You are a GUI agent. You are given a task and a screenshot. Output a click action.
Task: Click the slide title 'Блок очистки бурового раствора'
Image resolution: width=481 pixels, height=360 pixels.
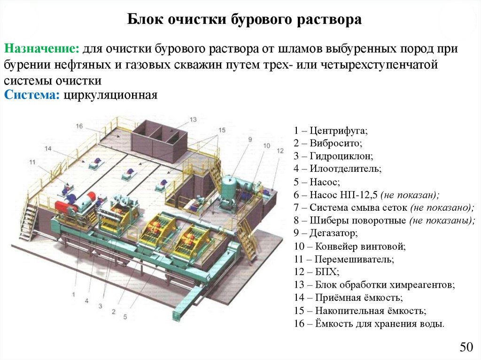click(x=245, y=20)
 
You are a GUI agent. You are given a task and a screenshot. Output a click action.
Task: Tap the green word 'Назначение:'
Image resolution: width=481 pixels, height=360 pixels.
click(x=42, y=49)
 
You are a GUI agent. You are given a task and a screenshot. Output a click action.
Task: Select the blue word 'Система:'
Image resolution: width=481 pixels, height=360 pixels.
click(x=31, y=95)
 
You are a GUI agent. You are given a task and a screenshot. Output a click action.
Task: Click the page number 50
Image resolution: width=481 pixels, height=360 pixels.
click(x=465, y=348)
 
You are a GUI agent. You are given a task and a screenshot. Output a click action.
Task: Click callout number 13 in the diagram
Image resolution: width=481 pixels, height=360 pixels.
click(x=193, y=119)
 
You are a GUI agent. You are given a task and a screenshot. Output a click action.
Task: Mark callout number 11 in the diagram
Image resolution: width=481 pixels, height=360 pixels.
click(x=32, y=162)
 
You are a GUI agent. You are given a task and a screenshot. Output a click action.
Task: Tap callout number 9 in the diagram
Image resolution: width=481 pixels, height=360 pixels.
click(x=250, y=139)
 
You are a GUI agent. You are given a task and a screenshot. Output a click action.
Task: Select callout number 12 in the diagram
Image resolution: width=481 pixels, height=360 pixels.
click(x=280, y=151)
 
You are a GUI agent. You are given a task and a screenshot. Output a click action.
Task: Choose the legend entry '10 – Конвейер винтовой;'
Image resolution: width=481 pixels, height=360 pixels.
click(x=349, y=245)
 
